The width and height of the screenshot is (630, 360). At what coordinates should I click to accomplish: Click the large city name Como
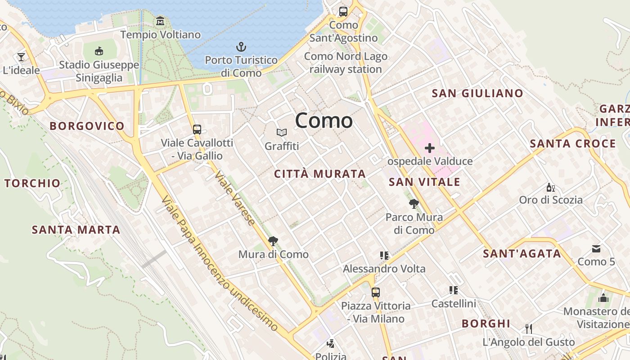click(324, 121)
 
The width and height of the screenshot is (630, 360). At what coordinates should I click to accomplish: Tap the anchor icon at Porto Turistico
click(241, 47)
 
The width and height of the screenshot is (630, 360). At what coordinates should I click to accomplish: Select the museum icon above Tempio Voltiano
click(160, 21)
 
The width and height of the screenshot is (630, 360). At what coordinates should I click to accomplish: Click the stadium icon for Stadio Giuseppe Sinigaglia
click(99, 51)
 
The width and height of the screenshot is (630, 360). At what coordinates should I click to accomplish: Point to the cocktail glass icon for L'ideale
click(21, 57)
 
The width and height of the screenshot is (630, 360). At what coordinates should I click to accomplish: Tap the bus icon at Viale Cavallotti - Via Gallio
click(197, 130)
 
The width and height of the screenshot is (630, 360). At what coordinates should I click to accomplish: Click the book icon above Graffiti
click(282, 132)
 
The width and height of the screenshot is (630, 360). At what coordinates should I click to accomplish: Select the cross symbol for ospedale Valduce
click(430, 148)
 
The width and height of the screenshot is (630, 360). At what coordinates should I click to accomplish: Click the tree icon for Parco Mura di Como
click(414, 204)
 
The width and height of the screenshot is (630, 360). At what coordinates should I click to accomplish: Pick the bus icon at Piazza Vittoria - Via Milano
click(376, 292)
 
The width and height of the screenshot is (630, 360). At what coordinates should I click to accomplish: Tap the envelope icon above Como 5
click(596, 248)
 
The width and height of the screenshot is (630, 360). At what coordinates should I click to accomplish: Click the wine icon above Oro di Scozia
click(550, 187)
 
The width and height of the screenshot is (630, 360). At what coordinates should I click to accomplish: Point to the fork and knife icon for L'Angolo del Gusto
click(529, 329)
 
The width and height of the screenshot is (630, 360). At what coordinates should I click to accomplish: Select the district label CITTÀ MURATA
click(320, 174)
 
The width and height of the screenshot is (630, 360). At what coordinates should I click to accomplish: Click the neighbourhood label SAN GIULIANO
click(477, 94)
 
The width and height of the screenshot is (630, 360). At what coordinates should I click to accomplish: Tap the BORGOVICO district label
click(87, 126)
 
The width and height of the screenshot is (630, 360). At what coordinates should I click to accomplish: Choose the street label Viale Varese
click(235, 198)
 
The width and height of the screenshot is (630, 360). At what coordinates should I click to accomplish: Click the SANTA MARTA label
click(76, 230)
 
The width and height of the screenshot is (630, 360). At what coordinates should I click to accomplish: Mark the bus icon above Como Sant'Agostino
click(343, 12)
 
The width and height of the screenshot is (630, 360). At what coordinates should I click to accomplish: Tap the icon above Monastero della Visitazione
click(603, 298)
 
